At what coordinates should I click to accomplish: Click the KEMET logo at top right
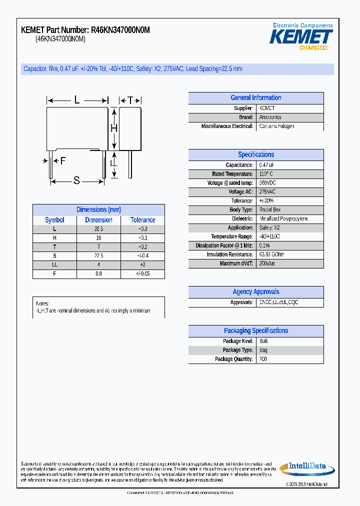click(x=301, y=36)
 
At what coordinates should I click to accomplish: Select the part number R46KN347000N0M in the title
click(x=120, y=30)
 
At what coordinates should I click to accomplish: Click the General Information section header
click(x=255, y=98)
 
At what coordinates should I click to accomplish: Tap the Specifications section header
click(x=255, y=155)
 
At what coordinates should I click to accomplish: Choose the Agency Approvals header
click(x=255, y=292)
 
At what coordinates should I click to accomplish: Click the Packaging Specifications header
click(x=255, y=331)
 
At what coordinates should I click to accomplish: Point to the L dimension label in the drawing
click(x=77, y=100)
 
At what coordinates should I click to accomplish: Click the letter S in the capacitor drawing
click(x=76, y=181)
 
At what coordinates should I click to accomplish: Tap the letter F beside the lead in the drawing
click(x=63, y=161)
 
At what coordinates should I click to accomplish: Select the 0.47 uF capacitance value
click(x=266, y=165)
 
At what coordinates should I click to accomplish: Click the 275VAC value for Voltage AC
click(x=267, y=192)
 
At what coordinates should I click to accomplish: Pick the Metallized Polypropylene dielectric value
click(x=283, y=219)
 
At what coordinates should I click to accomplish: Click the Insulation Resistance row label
click(x=230, y=254)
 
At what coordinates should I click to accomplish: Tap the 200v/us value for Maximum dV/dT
click(x=267, y=263)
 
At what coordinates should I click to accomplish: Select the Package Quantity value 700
click(x=263, y=359)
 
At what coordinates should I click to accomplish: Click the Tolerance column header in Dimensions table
click(x=142, y=220)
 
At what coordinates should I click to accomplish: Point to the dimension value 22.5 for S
click(x=98, y=256)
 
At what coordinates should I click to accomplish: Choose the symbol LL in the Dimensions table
click(x=54, y=265)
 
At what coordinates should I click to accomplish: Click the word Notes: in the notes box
click(x=42, y=304)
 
